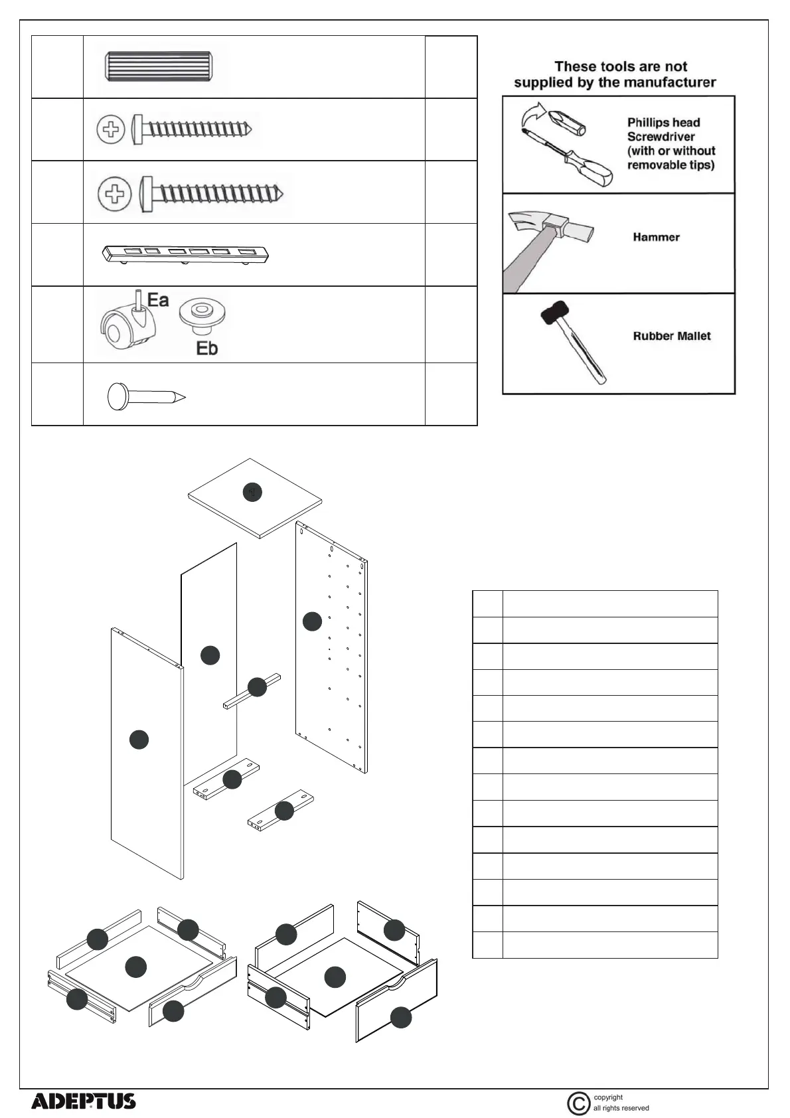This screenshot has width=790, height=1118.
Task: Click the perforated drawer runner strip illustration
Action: [187, 254]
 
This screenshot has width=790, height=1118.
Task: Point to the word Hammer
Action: [656, 237]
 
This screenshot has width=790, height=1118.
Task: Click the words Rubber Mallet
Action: [671, 336]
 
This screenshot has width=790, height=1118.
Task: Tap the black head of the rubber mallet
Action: [554, 313]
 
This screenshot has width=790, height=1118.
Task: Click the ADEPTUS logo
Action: [84, 1101]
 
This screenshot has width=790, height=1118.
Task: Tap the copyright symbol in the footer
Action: [579, 1103]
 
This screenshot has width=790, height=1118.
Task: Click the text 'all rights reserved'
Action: [621, 1108]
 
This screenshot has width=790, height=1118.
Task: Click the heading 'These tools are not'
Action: [620, 66]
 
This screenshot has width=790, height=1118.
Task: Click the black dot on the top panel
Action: [252, 493]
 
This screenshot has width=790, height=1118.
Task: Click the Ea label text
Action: [158, 300]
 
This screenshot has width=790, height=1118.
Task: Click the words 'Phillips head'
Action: [663, 122]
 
